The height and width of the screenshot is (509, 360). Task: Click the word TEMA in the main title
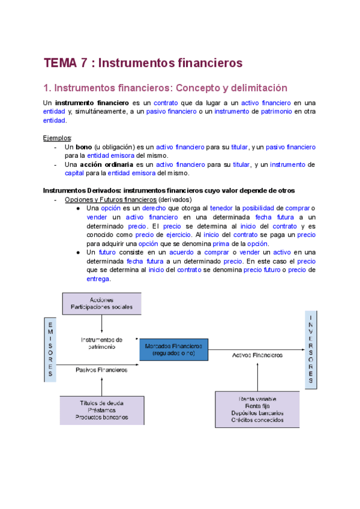click(60, 62)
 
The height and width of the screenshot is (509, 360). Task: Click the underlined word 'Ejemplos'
click(58, 137)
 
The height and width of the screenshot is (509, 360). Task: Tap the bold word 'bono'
click(83, 147)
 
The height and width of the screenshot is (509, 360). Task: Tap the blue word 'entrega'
click(98, 279)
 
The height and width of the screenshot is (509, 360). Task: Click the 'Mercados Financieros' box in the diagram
click(173, 349)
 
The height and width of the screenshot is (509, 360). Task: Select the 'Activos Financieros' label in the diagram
click(257, 355)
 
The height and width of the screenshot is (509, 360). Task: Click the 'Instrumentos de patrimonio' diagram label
click(101, 343)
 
